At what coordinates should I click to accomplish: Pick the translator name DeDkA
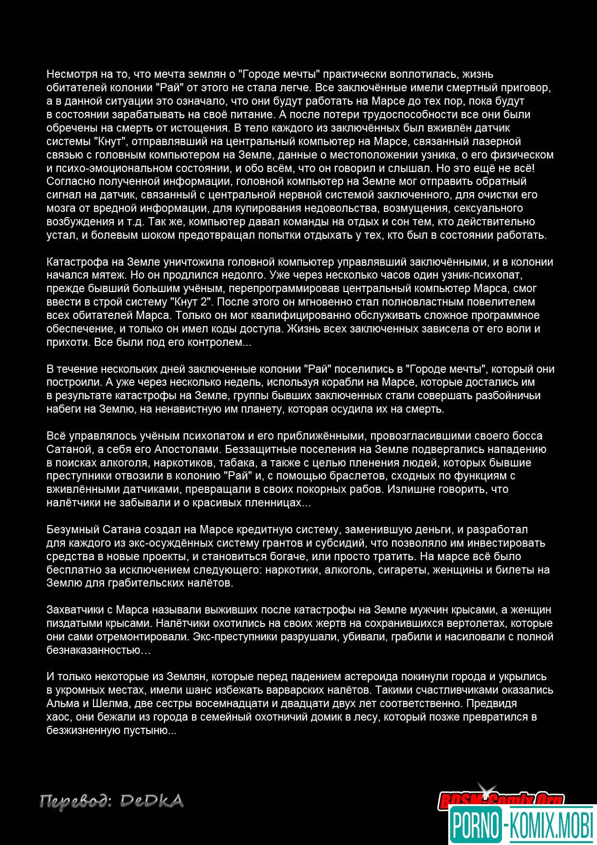[152, 801]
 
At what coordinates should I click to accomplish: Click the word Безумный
[73, 529]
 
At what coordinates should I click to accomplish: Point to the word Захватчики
[75, 610]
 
